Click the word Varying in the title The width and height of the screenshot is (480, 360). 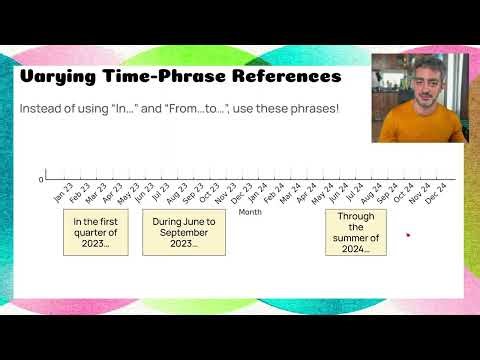point(58,77)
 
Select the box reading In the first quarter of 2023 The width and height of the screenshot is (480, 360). point(95,232)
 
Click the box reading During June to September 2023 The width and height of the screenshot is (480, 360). point(184,232)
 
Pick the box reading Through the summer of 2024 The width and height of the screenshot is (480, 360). point(357,232)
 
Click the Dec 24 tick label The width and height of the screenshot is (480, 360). point(435,193)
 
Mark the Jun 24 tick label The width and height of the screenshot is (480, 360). point(337,193)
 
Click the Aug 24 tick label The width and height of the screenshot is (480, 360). point(369,193)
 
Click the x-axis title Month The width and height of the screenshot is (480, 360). point(250,212)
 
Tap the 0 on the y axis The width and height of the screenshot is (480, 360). point(41,180)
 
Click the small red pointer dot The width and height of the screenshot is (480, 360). point(408,236)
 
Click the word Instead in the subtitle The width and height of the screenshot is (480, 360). point(39,107)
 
